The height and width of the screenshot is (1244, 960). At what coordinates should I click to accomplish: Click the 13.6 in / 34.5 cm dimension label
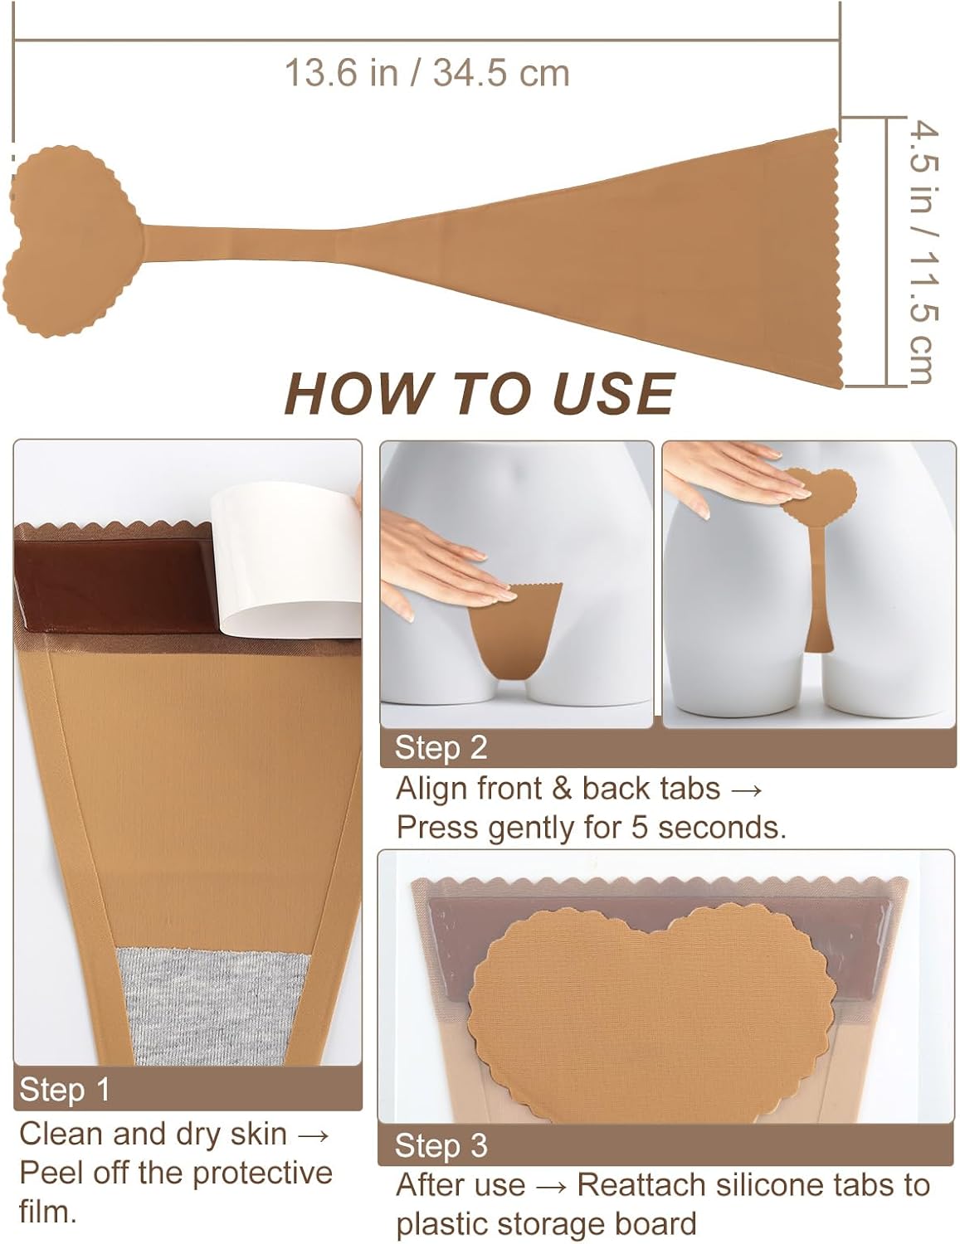[x=426, y=73]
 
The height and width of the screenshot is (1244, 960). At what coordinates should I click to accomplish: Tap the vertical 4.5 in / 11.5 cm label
[x=923, y=253]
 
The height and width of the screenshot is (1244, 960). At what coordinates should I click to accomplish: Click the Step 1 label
[x=64, y=1090]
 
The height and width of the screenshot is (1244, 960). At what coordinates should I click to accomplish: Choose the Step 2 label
[x=441, y=748]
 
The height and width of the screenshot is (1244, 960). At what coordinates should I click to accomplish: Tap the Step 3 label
[x=441, y=1145]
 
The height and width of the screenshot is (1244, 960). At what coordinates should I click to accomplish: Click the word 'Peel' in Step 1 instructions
[x=51, y=1173]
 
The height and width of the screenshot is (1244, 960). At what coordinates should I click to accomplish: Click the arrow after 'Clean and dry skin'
[x=313, y=1135]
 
